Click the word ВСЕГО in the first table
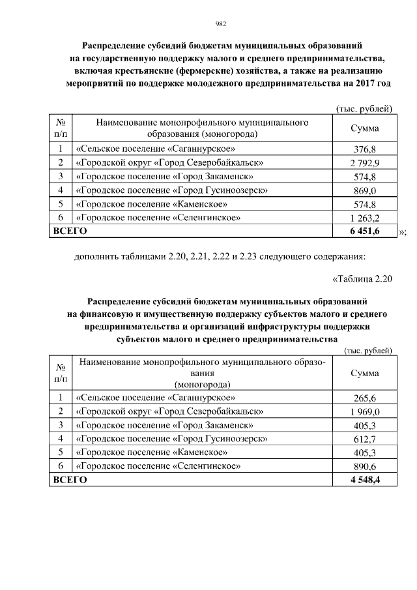[x=70, y=231]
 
